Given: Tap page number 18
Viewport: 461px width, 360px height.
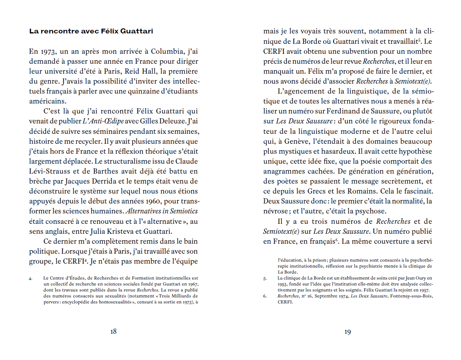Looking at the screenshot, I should click(x=113, y=332).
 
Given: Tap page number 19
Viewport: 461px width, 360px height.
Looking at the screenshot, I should click(x=348, y=332).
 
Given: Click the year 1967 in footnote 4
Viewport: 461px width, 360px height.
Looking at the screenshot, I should click(x=193, y=284).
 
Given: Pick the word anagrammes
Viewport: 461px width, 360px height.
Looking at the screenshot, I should click(x=283, y=171).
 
